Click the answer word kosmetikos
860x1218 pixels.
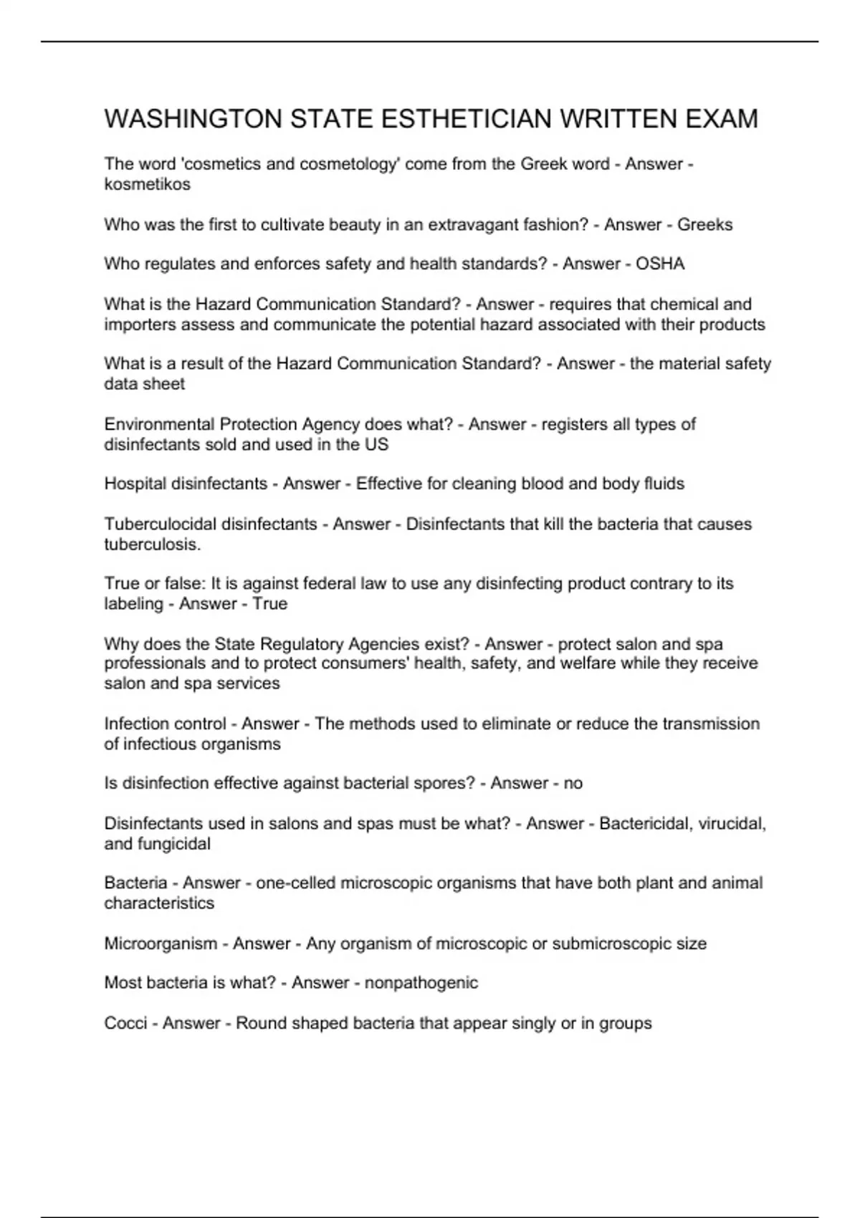click(147, 184)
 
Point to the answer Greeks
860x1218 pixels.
click(704, 225)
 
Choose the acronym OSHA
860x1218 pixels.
click(660, 264)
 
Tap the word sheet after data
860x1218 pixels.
click(166, 384)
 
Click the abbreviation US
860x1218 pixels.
click(376, 444)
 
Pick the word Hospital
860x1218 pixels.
click(135, 484)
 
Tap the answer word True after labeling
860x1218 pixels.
click(269, 604)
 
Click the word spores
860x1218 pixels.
click(444, 783)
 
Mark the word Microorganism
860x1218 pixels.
click(161, 944)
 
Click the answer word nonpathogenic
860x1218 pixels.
click(421, 982)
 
